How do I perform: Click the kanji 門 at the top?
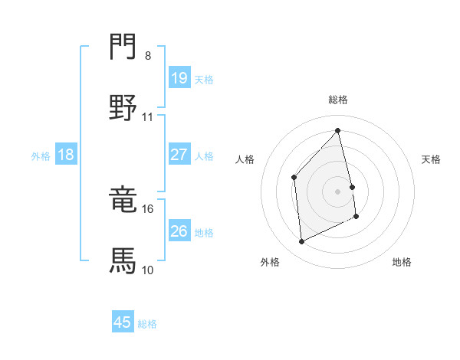tap(123, 46)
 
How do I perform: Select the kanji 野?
tap(123, 107)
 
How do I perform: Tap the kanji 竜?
tap(123, 198)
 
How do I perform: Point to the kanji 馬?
tap(123, 260)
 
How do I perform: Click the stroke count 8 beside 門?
tap(148, 56)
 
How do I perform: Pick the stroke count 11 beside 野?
tap(147, 117)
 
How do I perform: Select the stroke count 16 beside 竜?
tap(147, 209)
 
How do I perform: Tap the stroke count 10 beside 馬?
tap(147, 270)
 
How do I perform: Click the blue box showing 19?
tap(179, 77)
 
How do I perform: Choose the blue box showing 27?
tap(179, 154)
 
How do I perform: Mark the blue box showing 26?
tap(179, 230)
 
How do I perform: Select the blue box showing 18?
tap(66, 154)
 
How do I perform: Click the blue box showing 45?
tap(123, 321)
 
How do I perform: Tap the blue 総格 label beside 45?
tap(147, 324)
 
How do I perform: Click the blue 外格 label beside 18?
tap(41, 156)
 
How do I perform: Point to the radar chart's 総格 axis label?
tap(338, 100)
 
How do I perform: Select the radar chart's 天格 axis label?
tap(431, 159)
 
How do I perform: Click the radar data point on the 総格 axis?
tap(337, 130)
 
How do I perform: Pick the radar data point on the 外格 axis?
tap(301, 241)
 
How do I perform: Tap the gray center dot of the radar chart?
tap(337, 191)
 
